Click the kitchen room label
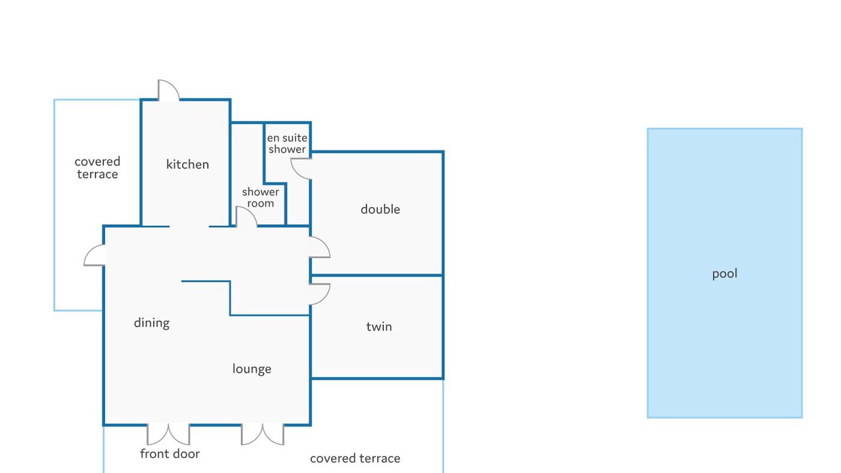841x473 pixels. tap(187, 164)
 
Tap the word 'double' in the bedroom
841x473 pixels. tap(380, 209)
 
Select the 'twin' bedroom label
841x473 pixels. tap(379, 327)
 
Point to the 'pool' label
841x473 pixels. tap(725, 274)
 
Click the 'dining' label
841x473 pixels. tap(152, 323)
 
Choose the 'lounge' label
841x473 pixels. tap(252, 369)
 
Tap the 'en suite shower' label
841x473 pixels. tap(287, 144)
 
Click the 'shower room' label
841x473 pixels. tap(261, 198)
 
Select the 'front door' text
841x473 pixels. tap(170, 453)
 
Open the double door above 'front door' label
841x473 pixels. tap(168, 435)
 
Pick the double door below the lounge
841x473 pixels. tap(262, 435)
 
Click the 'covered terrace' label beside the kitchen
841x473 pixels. tap(97, 168)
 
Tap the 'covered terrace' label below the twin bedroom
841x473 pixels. tap(355, 459)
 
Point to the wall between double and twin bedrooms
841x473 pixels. tap(377, 275)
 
